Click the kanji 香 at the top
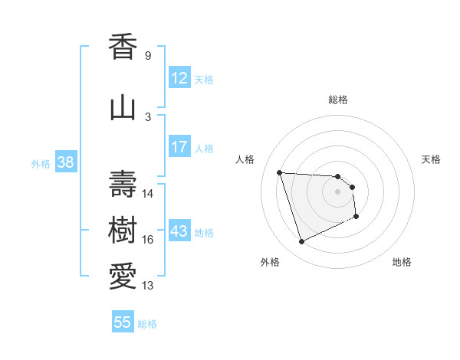click(x=123, y=47)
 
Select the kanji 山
click(x=123, y=108)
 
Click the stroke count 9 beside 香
click(x=147, y=56)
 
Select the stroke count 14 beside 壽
click(x=148, y=194)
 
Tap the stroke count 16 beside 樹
click(x=148, y=240)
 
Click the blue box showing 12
click(x=179, y=78)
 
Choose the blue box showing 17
click(x=179, y=147)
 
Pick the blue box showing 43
click(x=179, y=231)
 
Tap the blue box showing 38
click(x=65, y=162)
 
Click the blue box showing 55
click(x=123, y=322)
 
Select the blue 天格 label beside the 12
click(x=204, y=79)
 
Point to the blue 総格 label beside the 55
click(x=147, y=324)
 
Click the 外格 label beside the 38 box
click(x=40, y=163)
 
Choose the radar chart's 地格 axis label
click(x=402, y=262)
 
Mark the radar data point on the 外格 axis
click(x=301, y=242)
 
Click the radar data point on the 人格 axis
click(x=280, y=172)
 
